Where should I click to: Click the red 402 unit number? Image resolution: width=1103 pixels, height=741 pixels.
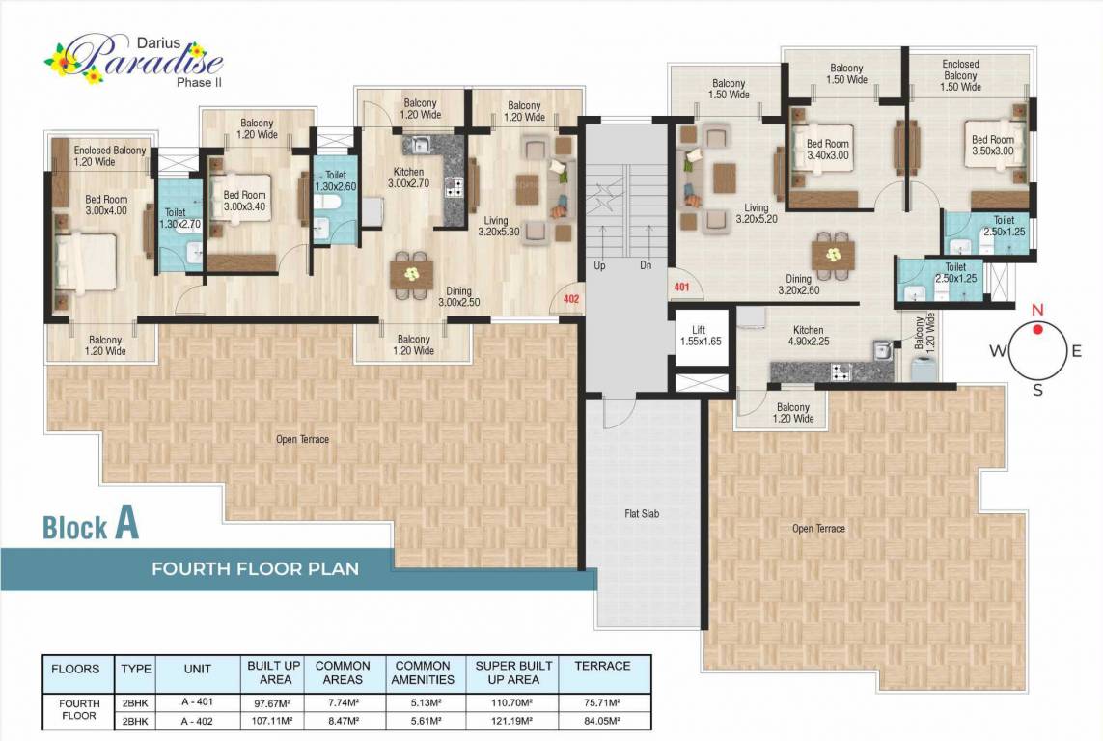570,299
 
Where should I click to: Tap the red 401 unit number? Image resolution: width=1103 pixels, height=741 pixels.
681,287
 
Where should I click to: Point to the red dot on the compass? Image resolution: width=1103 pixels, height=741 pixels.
1038,329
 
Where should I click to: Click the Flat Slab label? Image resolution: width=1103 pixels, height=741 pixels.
641,513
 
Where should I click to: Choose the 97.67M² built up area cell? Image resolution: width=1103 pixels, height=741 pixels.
275,702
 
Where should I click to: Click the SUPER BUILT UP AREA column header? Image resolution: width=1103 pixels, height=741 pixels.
513,672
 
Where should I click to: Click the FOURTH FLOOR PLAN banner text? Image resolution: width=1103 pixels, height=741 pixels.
255,568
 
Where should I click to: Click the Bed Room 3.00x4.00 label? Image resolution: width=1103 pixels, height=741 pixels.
106,206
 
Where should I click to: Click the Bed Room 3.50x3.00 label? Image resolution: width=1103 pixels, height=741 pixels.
993,147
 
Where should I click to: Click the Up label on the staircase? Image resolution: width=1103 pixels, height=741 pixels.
600,265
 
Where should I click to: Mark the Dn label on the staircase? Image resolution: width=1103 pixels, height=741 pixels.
647,265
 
